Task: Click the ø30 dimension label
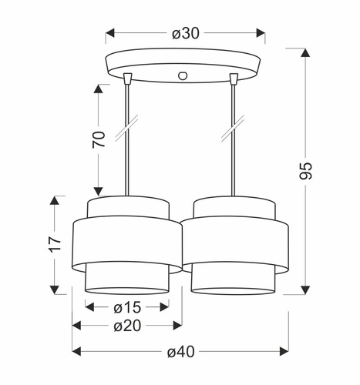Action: click(x=185, y=33)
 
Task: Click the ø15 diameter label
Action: click(x=126, y=307)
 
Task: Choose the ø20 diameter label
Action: click(x=128, y=326)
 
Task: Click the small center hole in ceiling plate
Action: click(x=183, y=75)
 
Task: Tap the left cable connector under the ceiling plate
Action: click(x=127, y=77)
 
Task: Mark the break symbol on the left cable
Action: click(x=126, y=128)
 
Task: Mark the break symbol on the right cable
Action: click(x=232, y=128)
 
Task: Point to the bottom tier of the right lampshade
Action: click(x=232, y=282)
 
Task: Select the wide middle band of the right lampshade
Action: click(x=236, y=245)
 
